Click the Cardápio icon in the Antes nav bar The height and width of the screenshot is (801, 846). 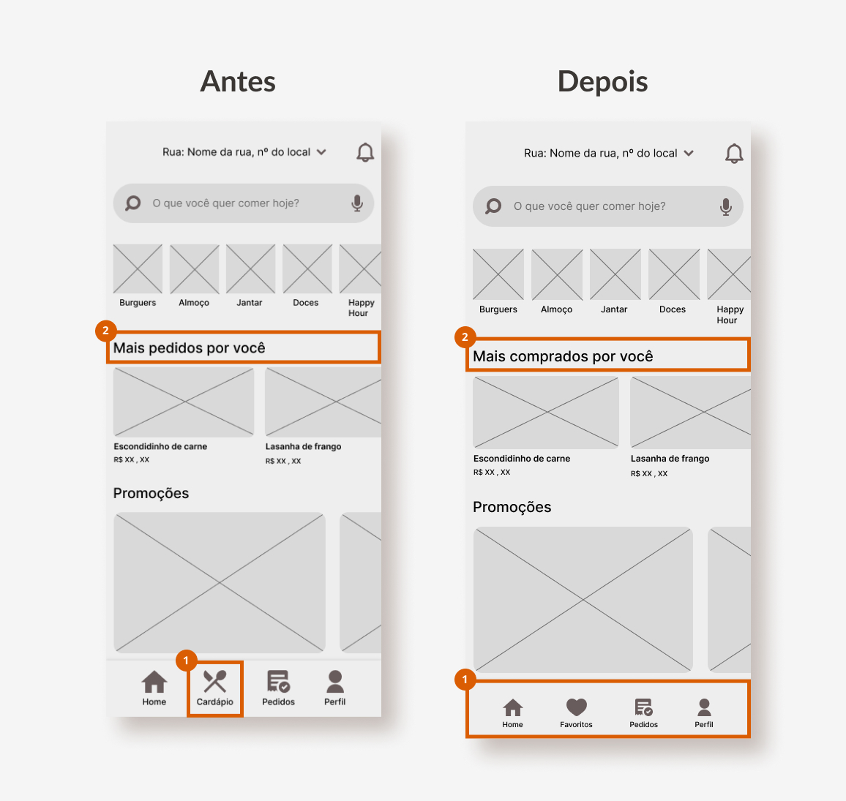214,681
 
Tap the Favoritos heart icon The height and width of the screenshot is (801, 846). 576,707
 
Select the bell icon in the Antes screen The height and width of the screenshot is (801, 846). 365,152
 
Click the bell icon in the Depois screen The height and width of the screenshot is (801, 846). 734,154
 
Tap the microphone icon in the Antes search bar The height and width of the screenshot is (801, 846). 357,203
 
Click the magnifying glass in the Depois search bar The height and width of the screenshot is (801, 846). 493,206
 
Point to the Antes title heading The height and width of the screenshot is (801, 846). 238,81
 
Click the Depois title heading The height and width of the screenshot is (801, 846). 603,81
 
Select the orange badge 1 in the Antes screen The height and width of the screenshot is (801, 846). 186,661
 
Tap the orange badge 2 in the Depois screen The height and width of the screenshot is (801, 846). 465,337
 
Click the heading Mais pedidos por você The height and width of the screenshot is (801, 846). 190,348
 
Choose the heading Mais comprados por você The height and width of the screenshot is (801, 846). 563,356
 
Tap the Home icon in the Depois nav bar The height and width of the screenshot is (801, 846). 512,707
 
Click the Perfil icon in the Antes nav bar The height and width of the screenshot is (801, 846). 335,682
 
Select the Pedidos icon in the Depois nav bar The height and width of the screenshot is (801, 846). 644,707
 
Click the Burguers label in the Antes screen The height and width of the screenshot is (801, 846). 138,303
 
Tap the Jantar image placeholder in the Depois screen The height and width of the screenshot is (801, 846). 615,274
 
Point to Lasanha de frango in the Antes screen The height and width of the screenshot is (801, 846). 303,447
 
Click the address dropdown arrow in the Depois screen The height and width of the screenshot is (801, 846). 689,153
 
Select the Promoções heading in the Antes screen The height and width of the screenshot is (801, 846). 151,493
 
